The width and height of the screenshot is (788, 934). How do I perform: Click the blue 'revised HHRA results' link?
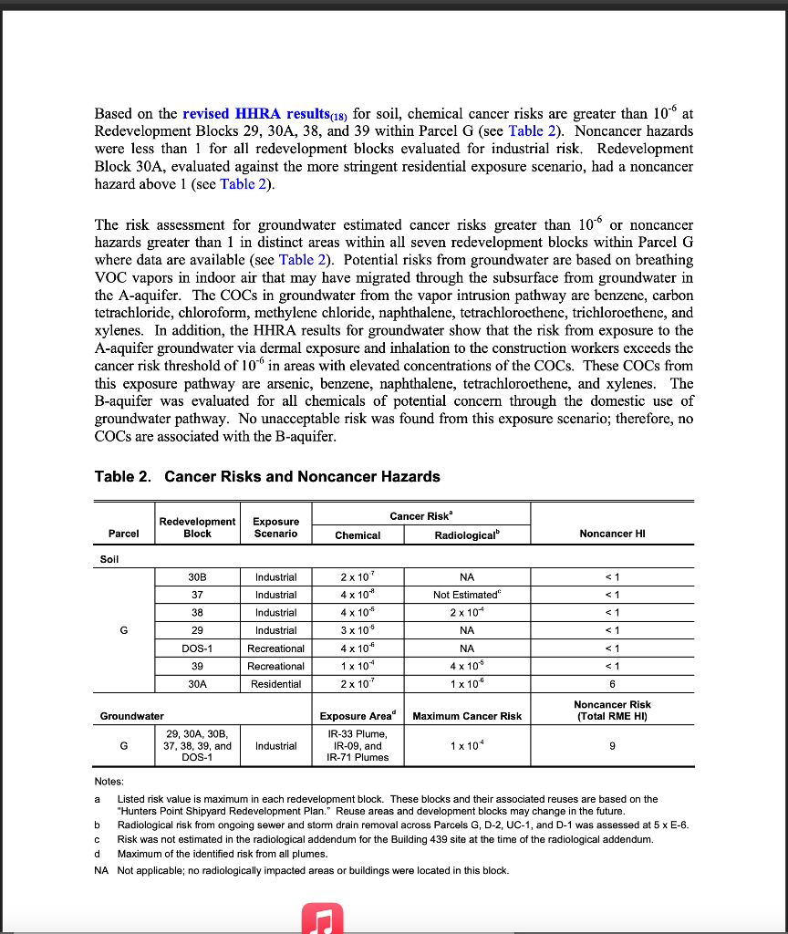click(254, 114)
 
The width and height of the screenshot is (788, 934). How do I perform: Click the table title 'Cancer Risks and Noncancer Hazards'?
click(302, 476)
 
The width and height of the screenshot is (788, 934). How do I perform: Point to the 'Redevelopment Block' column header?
click(197, 527)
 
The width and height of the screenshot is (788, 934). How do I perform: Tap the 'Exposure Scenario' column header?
click(275, 527)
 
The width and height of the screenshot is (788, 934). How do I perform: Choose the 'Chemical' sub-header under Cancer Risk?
click(358, 535)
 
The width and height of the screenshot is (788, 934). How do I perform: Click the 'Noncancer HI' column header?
click(611, 534)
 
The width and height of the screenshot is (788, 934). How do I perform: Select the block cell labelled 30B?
click(197, 576)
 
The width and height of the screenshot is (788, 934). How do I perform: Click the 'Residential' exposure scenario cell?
click(275, 683)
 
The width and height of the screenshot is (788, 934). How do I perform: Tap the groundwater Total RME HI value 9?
click(611, 745)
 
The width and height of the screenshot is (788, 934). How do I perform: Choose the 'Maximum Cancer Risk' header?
click(467, 716)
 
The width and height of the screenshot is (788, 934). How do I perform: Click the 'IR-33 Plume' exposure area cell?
click(358, 733)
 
